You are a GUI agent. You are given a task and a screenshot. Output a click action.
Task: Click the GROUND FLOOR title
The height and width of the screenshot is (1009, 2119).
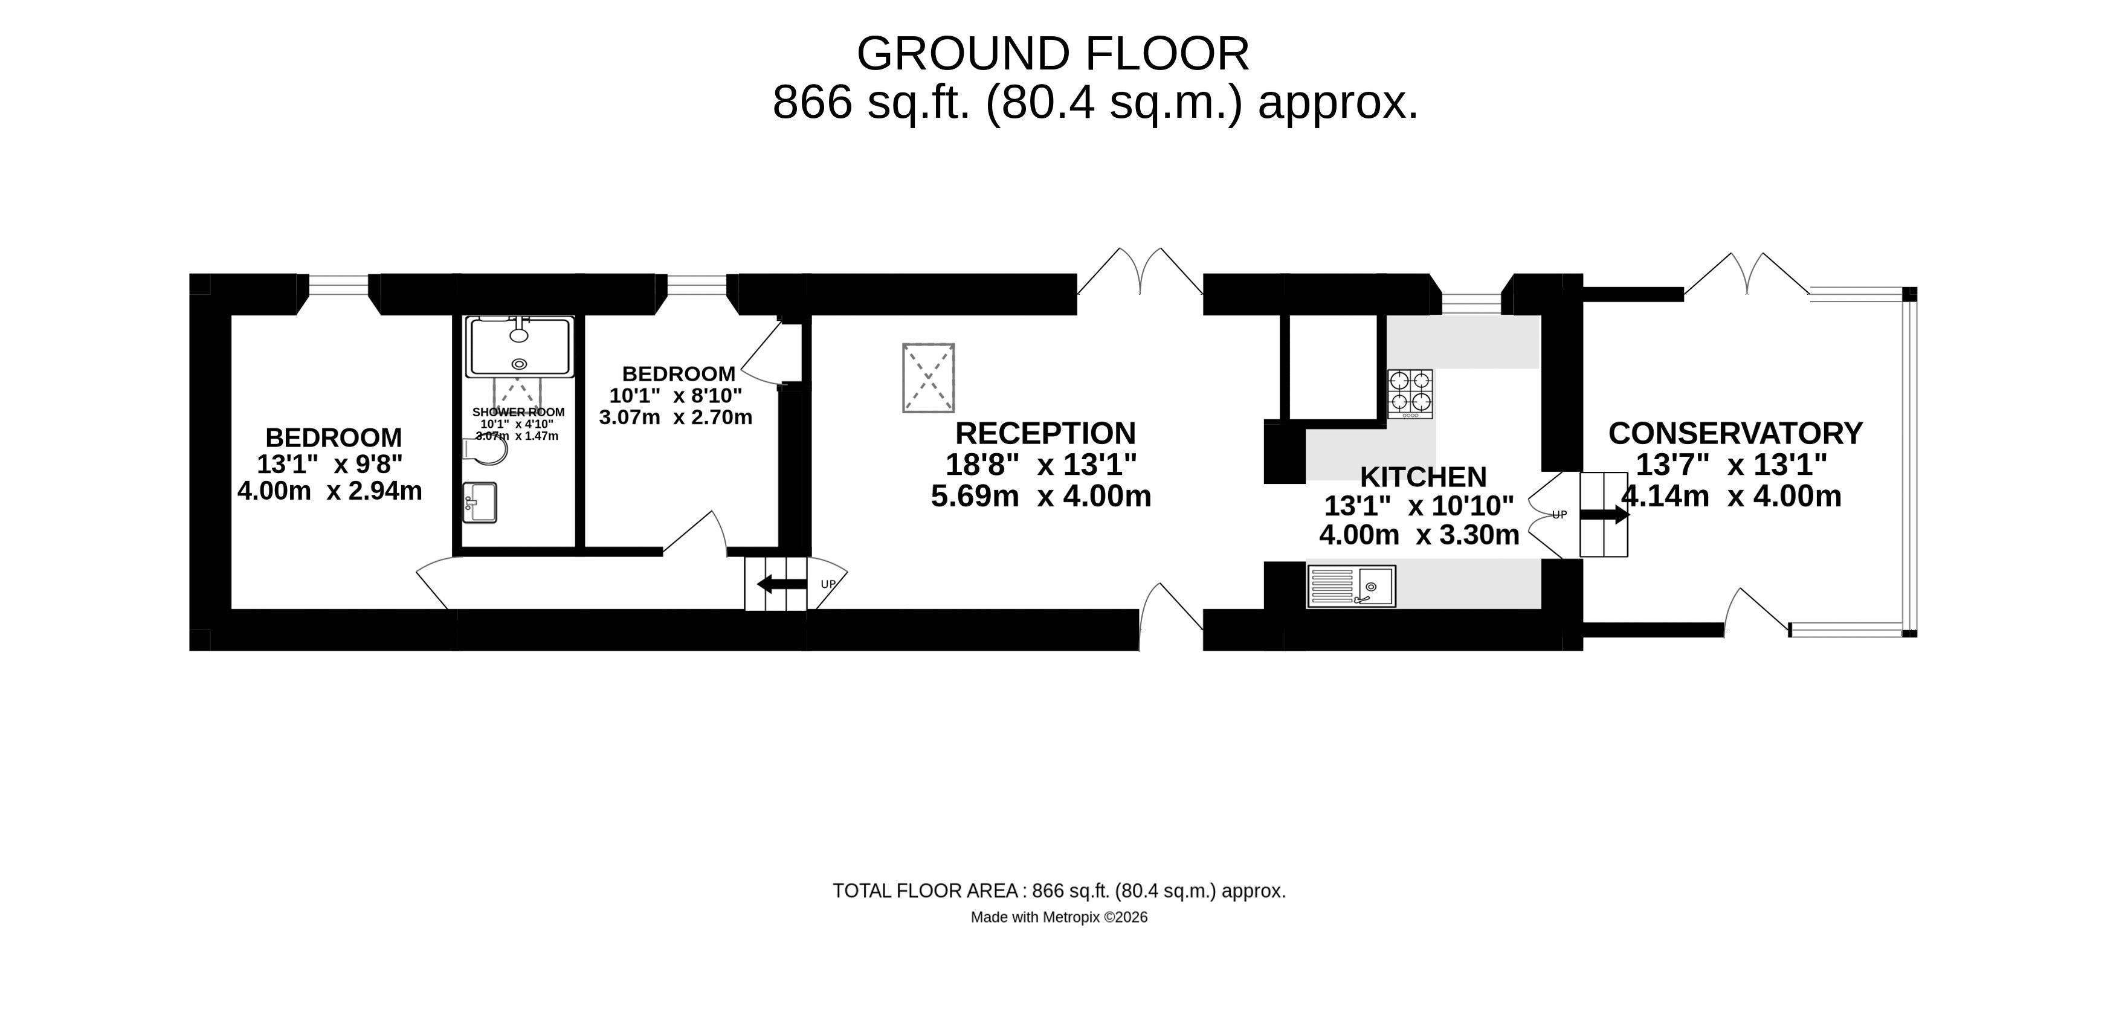pyautogui.click(x=1053, y=54)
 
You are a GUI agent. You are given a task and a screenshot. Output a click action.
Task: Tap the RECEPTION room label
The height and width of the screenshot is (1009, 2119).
pyautogui.click(x=1045, y=433)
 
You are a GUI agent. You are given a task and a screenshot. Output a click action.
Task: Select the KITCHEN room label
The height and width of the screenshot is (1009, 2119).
pyautogui.click(x=1423, y=477)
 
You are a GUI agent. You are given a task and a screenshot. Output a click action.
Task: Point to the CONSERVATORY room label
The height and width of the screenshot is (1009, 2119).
pyautogui.click(x=1736, y=433)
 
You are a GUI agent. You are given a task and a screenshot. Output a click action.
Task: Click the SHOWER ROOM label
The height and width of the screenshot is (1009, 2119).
pyautogui.click(x=518, y=412)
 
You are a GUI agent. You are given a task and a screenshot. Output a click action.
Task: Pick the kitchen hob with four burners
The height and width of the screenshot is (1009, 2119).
pyautogui.click(x=1410, y=394)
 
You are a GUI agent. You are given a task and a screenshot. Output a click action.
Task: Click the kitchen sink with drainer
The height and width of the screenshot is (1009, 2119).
pyautogui.click(x=1350, y=586)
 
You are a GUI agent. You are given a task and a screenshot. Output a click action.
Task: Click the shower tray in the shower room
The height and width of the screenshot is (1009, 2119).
pyautogui.click(x=519, y=347)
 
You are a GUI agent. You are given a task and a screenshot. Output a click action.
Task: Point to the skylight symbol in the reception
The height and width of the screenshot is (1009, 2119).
pyautogui.click(x=929, y=378)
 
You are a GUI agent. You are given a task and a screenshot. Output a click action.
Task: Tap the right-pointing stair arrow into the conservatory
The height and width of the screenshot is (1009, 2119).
pyautogui.click(x=1604, y=515)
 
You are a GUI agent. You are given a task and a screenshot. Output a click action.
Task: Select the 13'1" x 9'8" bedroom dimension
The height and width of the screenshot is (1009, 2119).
pyautogui.click(x=330, y=465)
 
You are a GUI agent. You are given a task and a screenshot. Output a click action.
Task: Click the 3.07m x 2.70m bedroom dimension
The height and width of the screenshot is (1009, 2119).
pyautogui.click(x=676, y=417)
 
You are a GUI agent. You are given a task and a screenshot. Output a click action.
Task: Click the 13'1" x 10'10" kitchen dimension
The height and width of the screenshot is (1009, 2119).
pyautogui.click(x=1419, y=506)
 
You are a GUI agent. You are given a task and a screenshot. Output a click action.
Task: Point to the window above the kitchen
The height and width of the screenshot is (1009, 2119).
pyautogui.click(x=1472, y=303)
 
